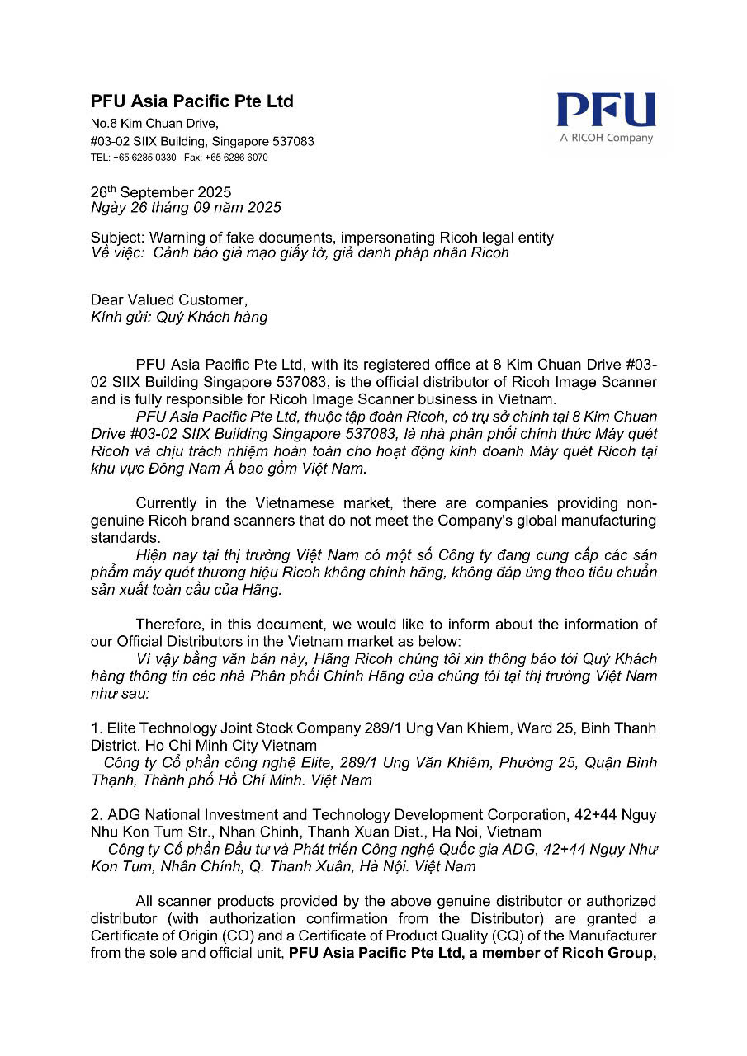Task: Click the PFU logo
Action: click(x=606, y=111)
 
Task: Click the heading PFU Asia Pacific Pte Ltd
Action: click(x=191, y=101)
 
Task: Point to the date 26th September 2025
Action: click(x=161, y=193)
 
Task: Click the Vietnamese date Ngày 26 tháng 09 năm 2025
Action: click(x=186, y=207)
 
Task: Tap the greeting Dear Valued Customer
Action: click(x=168, y=300)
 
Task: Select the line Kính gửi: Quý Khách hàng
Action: click(x=179, y=317)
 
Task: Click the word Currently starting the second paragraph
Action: click(x=167, y=503)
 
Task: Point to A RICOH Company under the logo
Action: click(x=606, y=138)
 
